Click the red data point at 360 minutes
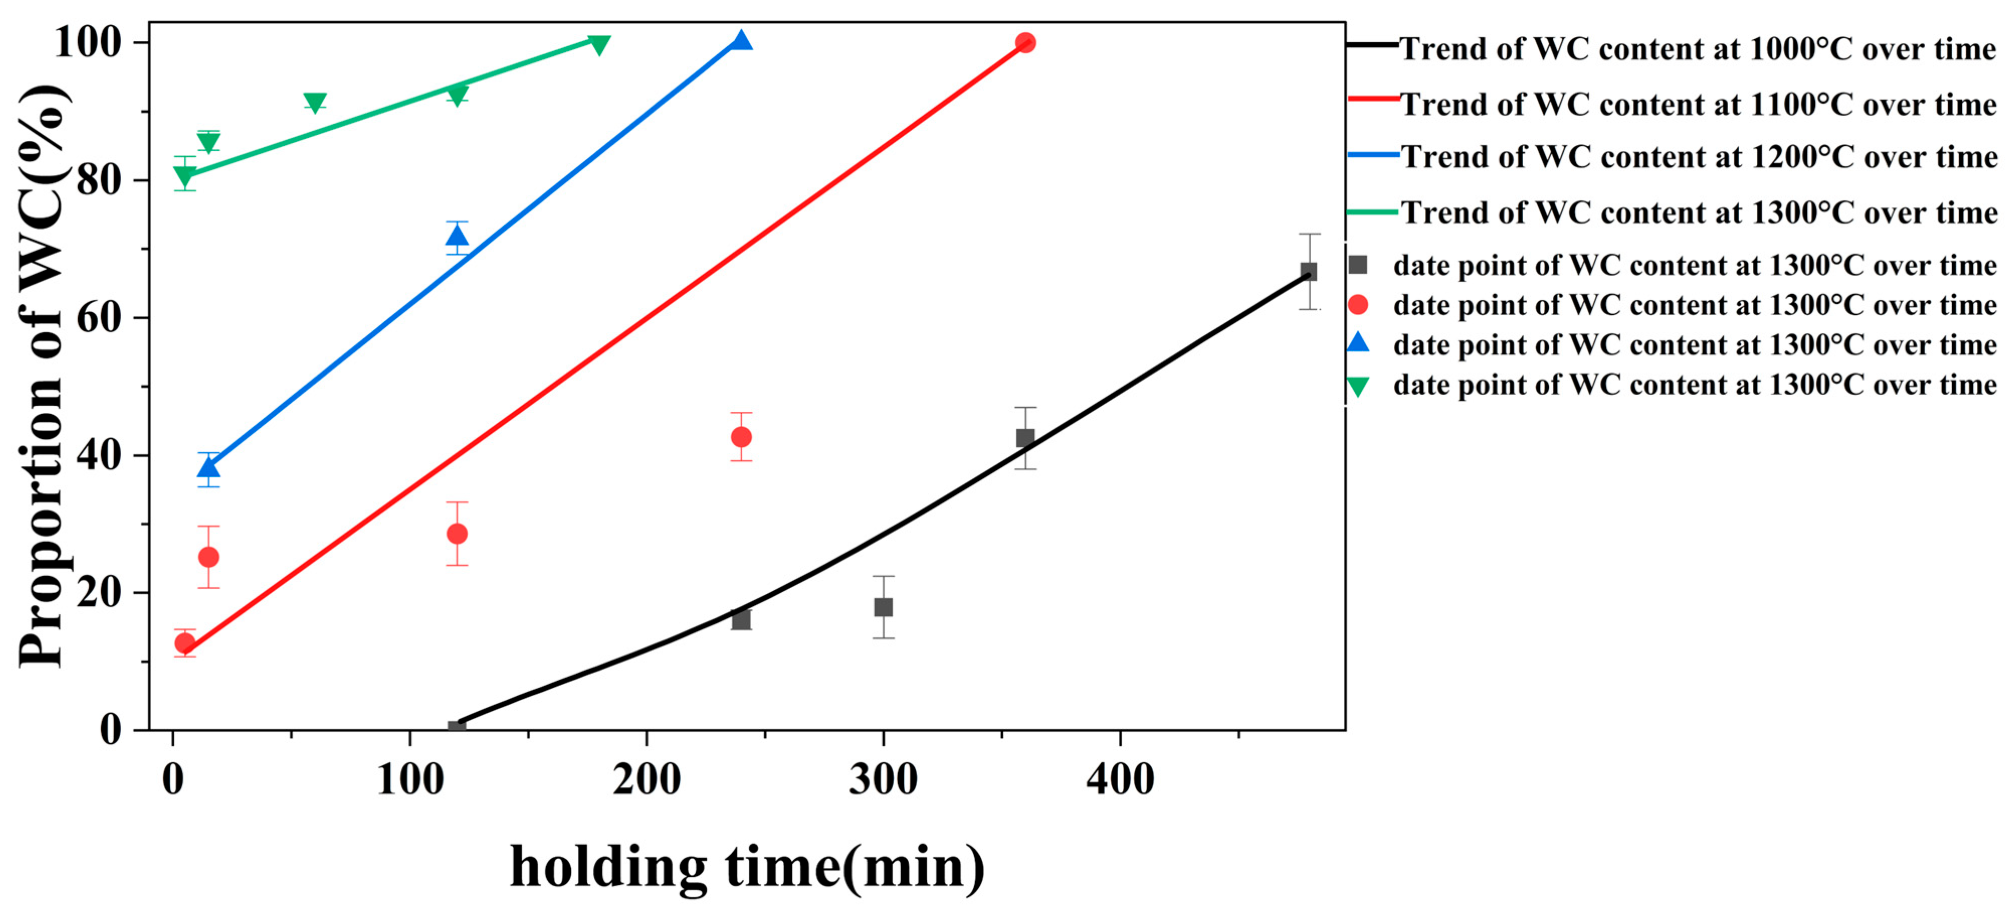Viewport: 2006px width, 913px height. pyautogui.click(x=1025, y=43)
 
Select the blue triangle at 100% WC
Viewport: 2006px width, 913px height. pyautogui.click(x=742, y=41)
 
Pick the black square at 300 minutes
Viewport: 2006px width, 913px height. pyautogui.click(x=883, y=607)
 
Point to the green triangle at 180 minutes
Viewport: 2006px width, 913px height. pyautogui.click(x=599, y=45)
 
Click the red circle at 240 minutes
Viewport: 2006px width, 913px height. pyautogui.click(x=742, y=437)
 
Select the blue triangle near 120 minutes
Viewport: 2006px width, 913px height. pyautogui.click(x=457, y=235)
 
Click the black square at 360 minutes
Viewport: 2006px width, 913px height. pyautogui.click(x=1025, y=438)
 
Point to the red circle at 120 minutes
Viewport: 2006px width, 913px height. pyautogui.click(x=457, y=533)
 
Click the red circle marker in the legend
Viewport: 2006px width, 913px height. pyautogui.click(x=1358, y=305)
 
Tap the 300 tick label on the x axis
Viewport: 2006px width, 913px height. pyautogui.click(x=883, y=779)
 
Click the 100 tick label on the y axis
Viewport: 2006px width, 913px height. pyautogui.click(x=89, y=43)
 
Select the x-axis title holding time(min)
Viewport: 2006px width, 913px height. pyautogui.click(x=748, y=866)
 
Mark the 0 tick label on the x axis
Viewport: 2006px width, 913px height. pyautogui.click(x=173, y=779)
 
